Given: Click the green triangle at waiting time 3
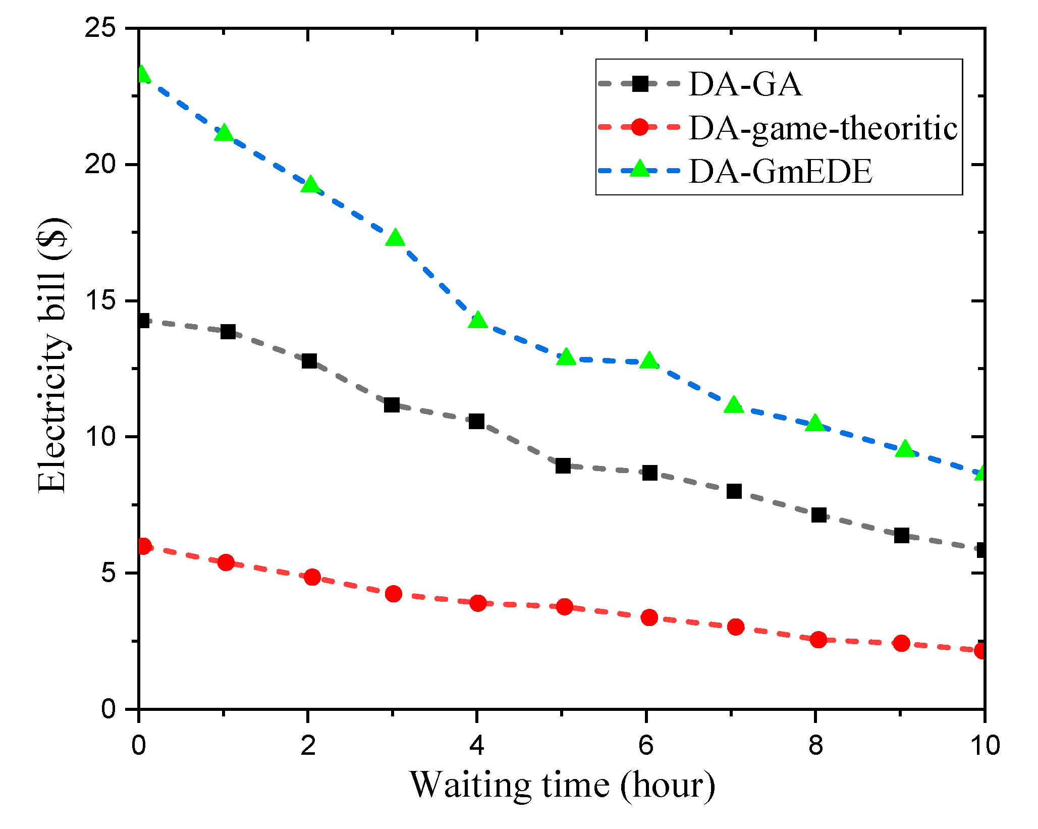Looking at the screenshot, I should click(395, 238).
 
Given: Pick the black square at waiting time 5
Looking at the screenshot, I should click(563, 465).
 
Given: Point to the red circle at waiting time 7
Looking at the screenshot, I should click(736, 627).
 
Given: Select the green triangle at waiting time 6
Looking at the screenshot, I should click(649, 361).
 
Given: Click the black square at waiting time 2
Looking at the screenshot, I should click(309, 361).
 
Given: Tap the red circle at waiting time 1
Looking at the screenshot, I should click(226, 562).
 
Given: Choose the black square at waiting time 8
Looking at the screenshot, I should click(818, 515).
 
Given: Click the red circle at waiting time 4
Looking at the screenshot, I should click(478, 603).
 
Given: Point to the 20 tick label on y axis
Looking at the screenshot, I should click(100, 165).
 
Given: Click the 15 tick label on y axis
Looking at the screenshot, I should click(100, 301).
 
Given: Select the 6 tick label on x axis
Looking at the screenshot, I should click(646, 745).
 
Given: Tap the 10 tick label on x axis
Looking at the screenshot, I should click(984, 745).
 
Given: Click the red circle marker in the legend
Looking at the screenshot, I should click(640, 127).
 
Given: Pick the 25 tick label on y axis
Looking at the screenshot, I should click(100, 29).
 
